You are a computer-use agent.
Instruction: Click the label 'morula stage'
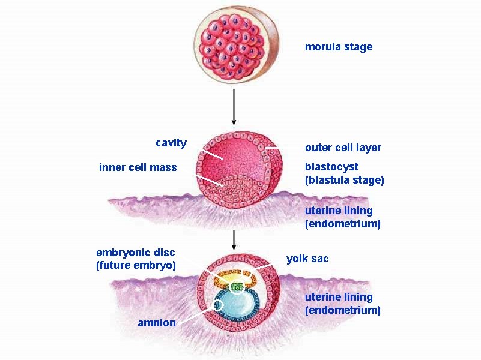click(x=338, y=47)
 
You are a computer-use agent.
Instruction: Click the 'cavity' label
click(x=171, y=143)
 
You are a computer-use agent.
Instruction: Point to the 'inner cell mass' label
click(x=138, y=167)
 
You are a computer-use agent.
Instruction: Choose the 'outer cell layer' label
click(x=342, y=148)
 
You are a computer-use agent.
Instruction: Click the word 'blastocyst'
click(x=331, y=166)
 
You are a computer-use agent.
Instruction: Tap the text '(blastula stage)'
click(x=344, y=179)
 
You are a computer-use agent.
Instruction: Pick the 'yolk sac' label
click(x=307, y=259)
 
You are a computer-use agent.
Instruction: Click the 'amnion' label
click(x=156, y=323)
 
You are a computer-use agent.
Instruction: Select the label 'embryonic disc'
click(x=135, y=252)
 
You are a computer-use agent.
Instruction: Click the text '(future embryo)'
click(x=136, y=265)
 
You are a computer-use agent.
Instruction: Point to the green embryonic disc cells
click(x=238, y=287)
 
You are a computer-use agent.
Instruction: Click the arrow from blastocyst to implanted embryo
click(x=234, y=241)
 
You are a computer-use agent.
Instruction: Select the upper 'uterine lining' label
click(x=339, y=211)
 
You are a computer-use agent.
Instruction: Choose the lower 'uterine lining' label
click(x=339, y=297)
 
